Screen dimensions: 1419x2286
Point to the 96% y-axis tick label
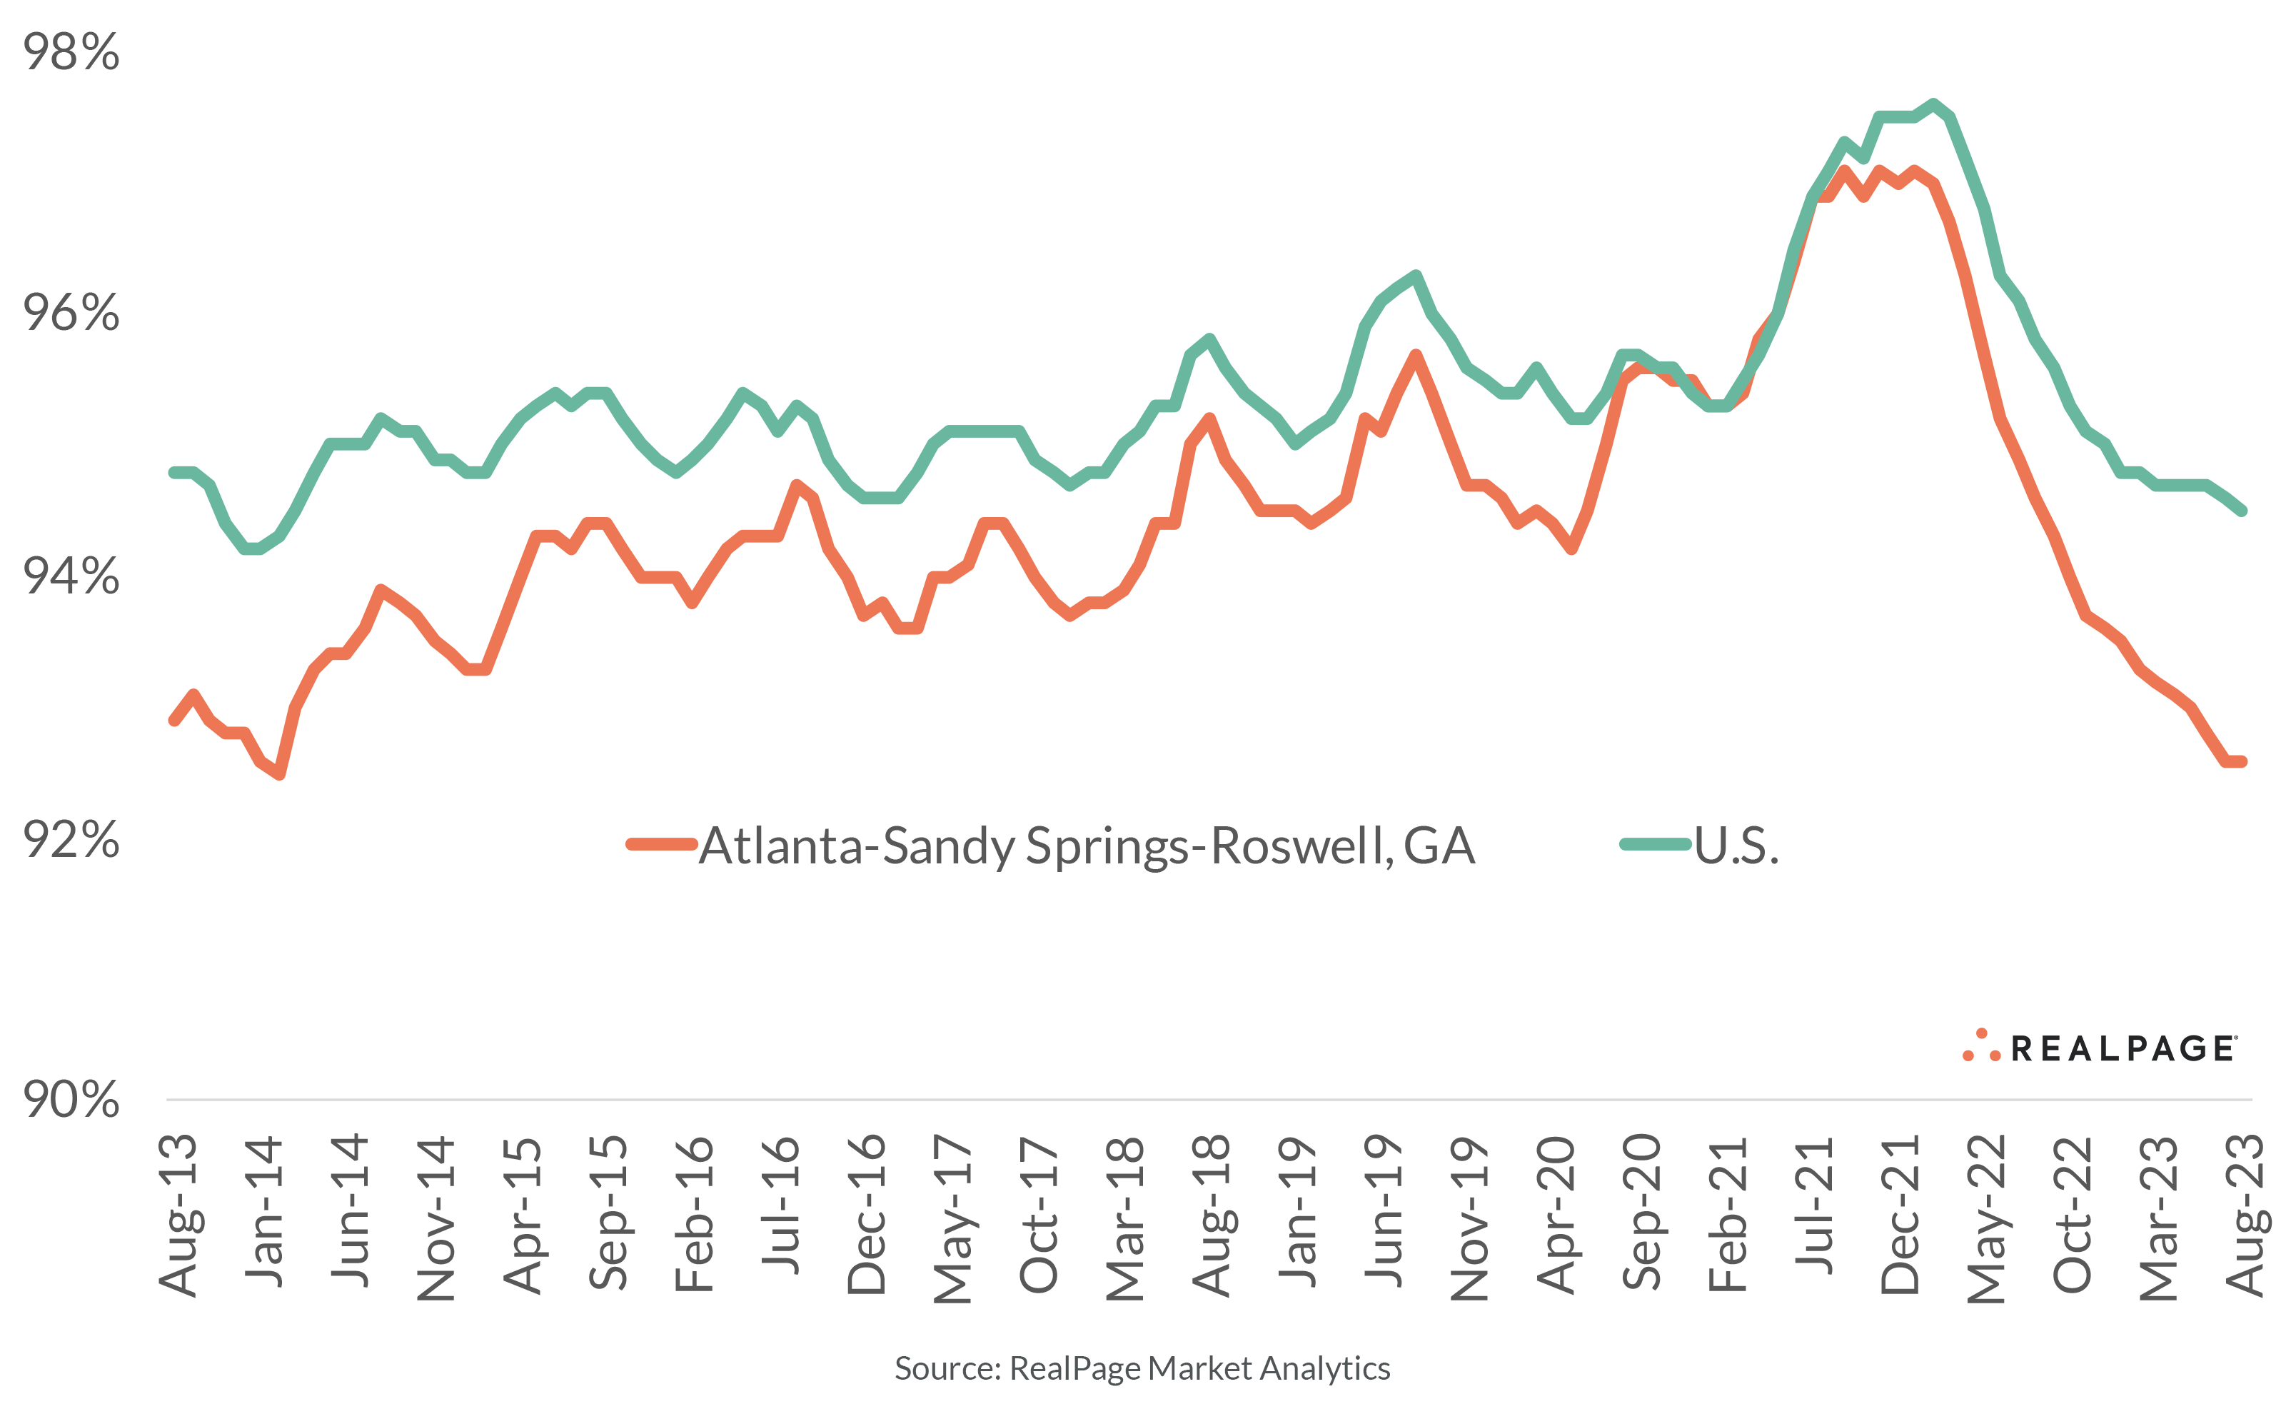[71, 313]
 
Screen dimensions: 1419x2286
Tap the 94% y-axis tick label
[71, 576]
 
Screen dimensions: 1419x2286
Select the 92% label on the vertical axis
[71, 839]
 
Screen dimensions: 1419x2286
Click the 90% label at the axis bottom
[71, 1099]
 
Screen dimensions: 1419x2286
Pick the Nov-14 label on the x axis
[436, 1218]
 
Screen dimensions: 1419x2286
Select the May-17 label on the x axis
[953, 1218]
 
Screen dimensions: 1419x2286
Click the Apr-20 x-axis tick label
[1556, 1215]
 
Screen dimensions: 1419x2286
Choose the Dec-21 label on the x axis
[1900, 1215]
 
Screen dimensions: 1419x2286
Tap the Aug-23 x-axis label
[2246, 1215]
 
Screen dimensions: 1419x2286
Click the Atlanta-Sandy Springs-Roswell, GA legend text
[1087, 846]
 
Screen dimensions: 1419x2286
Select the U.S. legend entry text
[1736, 846]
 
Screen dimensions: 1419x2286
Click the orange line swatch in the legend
[661, 843]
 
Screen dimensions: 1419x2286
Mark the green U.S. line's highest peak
[1933, 104]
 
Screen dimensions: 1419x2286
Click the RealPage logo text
[2123, 1048]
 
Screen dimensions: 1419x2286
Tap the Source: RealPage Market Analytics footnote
[1142, 1368]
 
